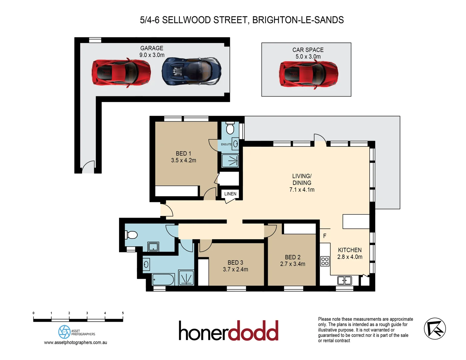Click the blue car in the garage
tap(192, 72)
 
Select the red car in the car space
tap(309, 74)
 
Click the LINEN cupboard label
tap(230, 194)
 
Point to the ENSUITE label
tap(226, 144)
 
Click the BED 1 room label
tap(183, 154)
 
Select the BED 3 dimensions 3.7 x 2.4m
tap(235, 269)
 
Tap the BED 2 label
tap(293, 257)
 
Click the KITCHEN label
tap(350, 250)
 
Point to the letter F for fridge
tap(325, 236)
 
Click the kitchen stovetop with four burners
tap(325, 261)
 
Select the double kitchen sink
tap(344, 280)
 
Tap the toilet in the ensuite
tap(230, 128)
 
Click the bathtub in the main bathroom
tap(163, 279)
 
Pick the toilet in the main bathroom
tap(131, 235)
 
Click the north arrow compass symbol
tap(435, 329)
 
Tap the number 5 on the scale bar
tap(123, 313)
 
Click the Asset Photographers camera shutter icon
tap(64, 332)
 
